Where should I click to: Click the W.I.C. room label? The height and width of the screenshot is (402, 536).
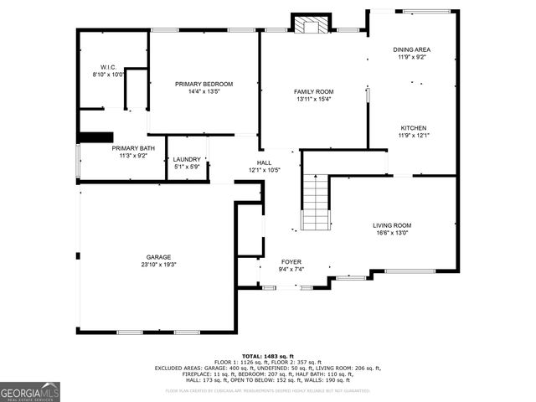108,67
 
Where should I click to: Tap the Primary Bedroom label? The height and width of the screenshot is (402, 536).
204,84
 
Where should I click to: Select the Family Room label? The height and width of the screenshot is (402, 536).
313,91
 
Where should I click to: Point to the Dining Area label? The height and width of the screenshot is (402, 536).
411,49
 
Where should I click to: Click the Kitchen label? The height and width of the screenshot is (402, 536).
413,128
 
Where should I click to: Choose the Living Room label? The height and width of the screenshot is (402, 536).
391,225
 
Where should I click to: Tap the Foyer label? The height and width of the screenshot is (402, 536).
291,262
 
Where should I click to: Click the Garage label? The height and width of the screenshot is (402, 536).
159,257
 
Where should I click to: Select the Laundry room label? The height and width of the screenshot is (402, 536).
187,159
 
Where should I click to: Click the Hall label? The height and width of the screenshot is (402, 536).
264,163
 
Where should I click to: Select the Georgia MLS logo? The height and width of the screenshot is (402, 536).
30,392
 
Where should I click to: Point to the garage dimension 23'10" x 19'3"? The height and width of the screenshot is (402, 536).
159,265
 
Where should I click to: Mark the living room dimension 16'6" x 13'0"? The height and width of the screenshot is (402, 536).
391,233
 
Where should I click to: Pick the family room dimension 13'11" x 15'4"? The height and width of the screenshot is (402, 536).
313,99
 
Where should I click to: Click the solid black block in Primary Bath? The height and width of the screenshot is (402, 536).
95,137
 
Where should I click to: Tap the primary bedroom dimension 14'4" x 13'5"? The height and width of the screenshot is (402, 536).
204,91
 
